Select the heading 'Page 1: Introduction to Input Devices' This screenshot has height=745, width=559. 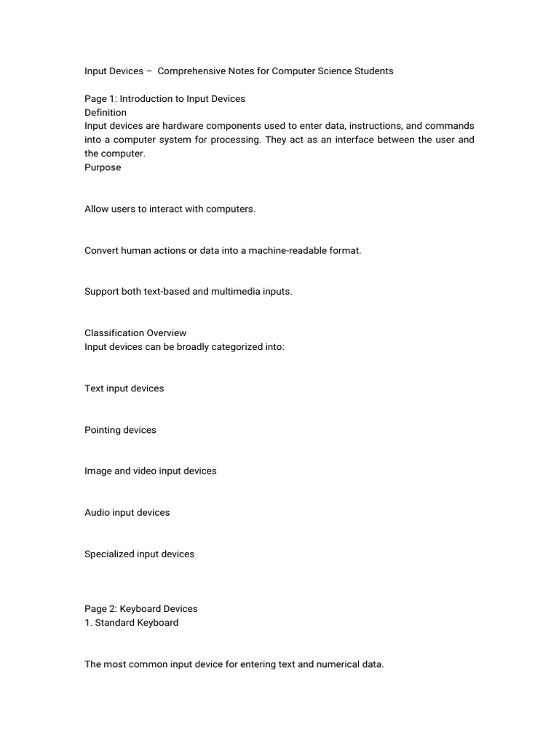tap(164, 99)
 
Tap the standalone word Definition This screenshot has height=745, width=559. tap(106, 113)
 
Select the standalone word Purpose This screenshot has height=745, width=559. tap(103, 167)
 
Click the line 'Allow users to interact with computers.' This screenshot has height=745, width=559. tap(170, 209)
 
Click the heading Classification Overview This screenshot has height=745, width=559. tap(135, 333)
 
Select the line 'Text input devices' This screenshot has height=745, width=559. tap(124, 389)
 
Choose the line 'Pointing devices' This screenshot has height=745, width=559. tap(120, 430)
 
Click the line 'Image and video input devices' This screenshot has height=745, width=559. tap(151, 471)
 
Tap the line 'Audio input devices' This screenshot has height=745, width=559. tap(127, 513)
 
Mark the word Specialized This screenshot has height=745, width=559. tap(109, 554)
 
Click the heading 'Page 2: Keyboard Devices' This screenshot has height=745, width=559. tap(141, 609)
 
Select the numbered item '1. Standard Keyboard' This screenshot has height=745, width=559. tap(132, 623)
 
